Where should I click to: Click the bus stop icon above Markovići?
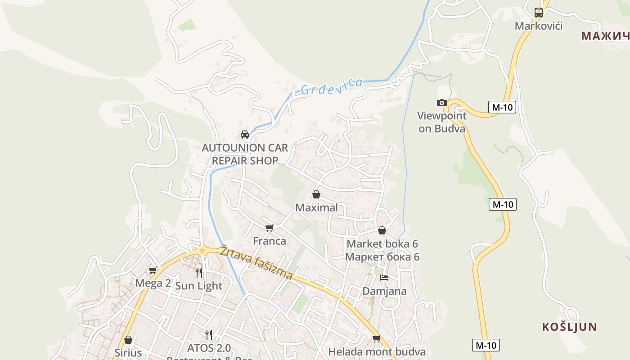coord(538,13)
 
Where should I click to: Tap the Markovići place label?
coord(538,26)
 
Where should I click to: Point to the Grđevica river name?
coord(331,86)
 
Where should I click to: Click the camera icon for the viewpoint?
coord(442,103)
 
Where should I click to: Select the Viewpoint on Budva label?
coord(441,122)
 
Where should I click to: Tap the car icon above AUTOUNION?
coord(245,135)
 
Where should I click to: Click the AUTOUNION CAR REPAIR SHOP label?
coord(245,154)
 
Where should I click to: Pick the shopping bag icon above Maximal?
coord(316,194)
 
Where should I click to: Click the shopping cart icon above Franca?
coord(269,228)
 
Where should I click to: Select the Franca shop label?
coord(269,241)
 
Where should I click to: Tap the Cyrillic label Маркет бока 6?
coord(382,257)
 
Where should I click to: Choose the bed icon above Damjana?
coord(384,278)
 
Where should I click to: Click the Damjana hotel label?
coord(384,291)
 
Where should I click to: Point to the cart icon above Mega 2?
coord(153,270)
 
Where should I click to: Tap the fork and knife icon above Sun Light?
coord(199,272)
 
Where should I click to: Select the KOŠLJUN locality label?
coord(569,327)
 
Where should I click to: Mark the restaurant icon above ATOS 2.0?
coord(209,334)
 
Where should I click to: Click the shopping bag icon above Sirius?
coord(128,340)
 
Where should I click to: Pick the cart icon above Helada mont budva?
coord(377,338)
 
